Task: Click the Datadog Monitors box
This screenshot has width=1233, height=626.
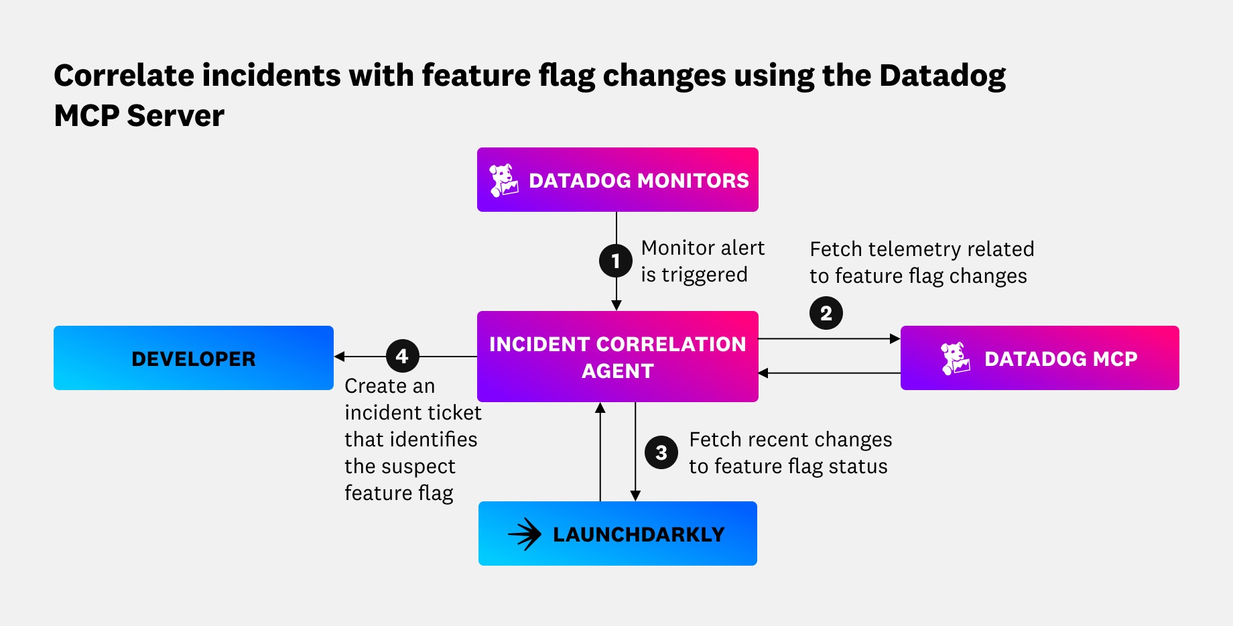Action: pyautogui.click(x=617, y=180)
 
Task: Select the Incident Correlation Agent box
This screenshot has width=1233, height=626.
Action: pyautogui.click(x=617, y=357)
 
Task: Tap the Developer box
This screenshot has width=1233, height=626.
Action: pyautogui.click(x=193, y=358)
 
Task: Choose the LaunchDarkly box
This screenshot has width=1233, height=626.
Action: pyautogui.click(x=617, y=534)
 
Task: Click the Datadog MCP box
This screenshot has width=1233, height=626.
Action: pyautogui.click(x=1039, y=358)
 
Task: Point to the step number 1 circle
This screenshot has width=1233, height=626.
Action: pyautogui.click(x=615, y=261)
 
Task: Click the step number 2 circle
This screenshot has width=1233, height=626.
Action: pyautogui.click(x=826, y=313)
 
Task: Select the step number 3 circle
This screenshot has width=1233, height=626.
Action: pyautogui.click(x=661, y=452)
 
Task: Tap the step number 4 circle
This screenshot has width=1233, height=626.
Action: pyautogui.click(x=402, y=356)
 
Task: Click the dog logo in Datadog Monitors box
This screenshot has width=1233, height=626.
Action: pyautogui.click(x=503, y=180)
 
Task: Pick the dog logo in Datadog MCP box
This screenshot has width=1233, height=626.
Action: pyautogui.click(x=955, y=359)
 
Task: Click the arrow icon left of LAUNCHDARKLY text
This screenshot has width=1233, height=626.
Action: pyautogui.click(x=525, y=534)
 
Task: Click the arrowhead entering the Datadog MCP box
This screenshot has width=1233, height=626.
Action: pyautogui.click(x=895, y=339)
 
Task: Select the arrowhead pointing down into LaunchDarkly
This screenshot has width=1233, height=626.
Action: pyautogui.click(x=635, y=495)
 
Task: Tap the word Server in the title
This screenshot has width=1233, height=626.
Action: pyautogui.click(x=176, y=116)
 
